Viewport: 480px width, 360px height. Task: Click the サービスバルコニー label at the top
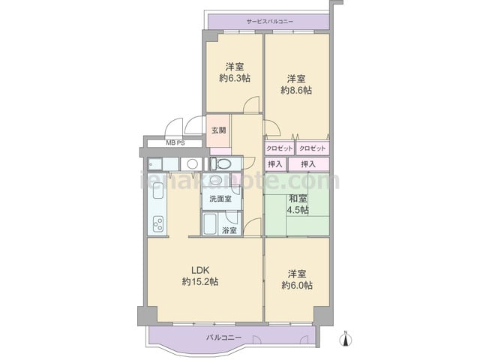click(x=270, y=22)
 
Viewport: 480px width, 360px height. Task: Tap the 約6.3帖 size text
click(x=235, y=78)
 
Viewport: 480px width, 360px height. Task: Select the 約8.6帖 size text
click(x=297, y=91)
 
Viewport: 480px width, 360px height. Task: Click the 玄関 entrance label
click(x=218, y=130)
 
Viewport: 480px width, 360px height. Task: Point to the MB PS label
click(x=175, y=142)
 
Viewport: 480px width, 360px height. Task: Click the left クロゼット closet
click(x=280, y=148)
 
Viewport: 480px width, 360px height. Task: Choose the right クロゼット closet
click(x=313, y=148)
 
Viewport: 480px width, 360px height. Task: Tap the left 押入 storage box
click(x=275, y=164)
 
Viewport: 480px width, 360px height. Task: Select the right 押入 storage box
click(x=308, y=164)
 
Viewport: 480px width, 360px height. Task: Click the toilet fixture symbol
click(x=221, y=163)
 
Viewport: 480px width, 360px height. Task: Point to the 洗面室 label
click(x=220, y=199)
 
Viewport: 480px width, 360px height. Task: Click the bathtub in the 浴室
click(x=210, y=223)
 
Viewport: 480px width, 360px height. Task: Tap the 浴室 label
click(x=229, y=230)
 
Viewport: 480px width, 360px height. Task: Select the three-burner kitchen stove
click(x=158, y=223)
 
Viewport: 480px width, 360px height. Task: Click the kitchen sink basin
click(x=158, y=190)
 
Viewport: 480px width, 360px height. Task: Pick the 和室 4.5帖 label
click(x=298, y=205)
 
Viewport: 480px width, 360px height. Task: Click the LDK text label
click(x=200, y=270)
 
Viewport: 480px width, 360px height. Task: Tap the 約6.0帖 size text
click(x=297, y=285)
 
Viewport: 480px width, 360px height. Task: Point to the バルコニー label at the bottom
click(x=223, y=338)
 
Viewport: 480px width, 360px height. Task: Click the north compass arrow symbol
click(x=346, y=339)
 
